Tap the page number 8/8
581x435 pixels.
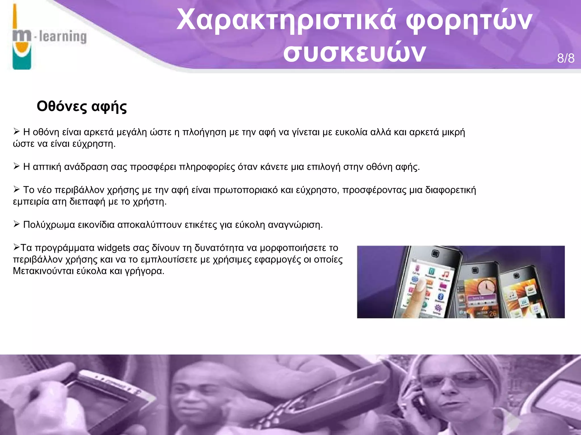pos(566,58)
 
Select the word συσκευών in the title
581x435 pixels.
pos(354,53)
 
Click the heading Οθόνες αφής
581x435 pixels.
pos(82,106)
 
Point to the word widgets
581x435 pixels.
pos(113,248)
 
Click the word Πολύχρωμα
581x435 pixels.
pos(49,225)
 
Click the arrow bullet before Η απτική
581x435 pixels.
pos(16,166)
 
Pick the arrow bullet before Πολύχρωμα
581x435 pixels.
pos(16,224)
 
